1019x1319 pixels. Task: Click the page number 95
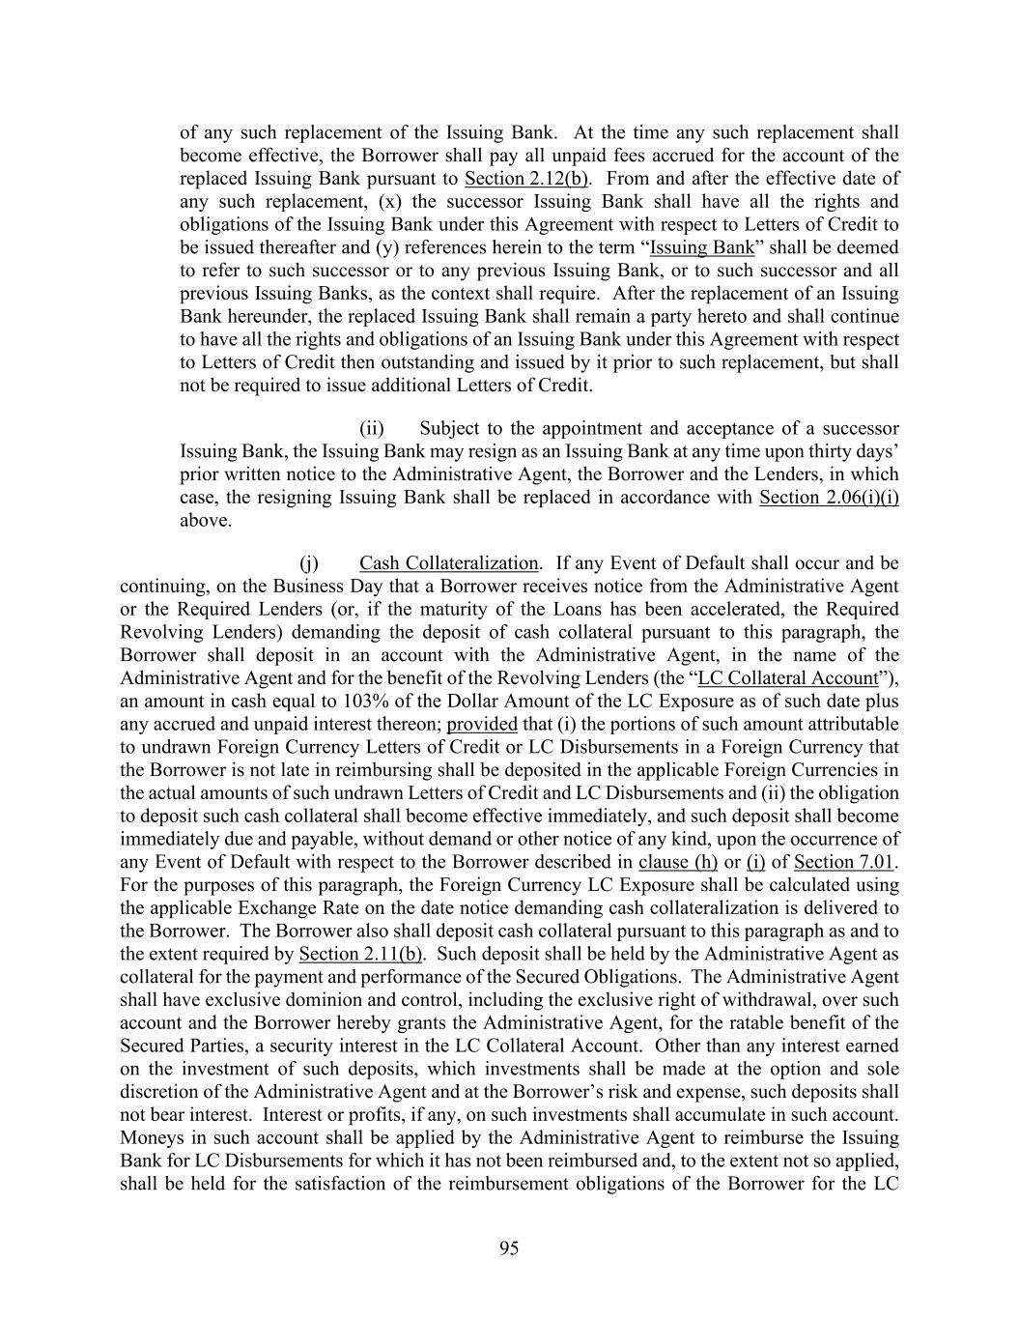click(x=509, y=1248)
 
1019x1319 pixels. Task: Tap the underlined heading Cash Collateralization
click(x=448, y=563)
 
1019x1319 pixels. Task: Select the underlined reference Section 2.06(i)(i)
click(x=829, y=498)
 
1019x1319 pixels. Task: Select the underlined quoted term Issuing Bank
click(x=701, y=247)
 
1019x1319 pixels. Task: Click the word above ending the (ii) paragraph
click(x=205, y=521)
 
